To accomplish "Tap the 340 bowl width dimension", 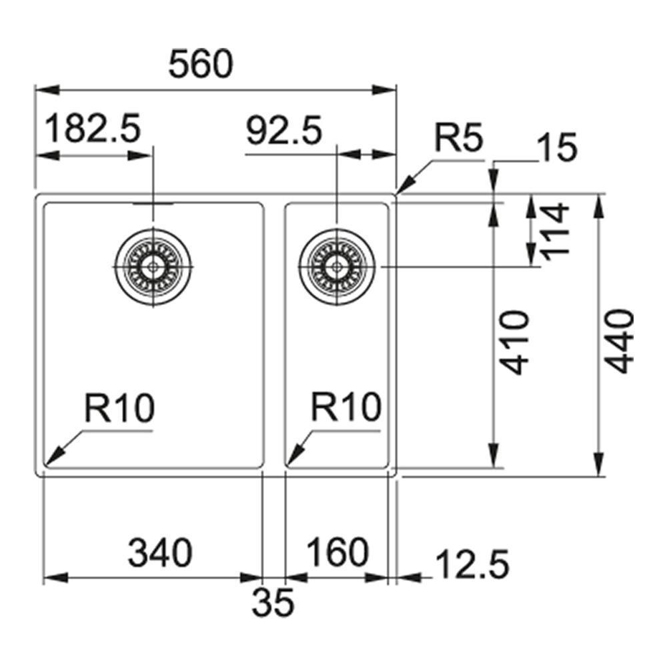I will (160, 552).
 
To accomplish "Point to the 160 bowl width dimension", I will (338, 552).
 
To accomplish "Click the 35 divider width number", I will (273, 603).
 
